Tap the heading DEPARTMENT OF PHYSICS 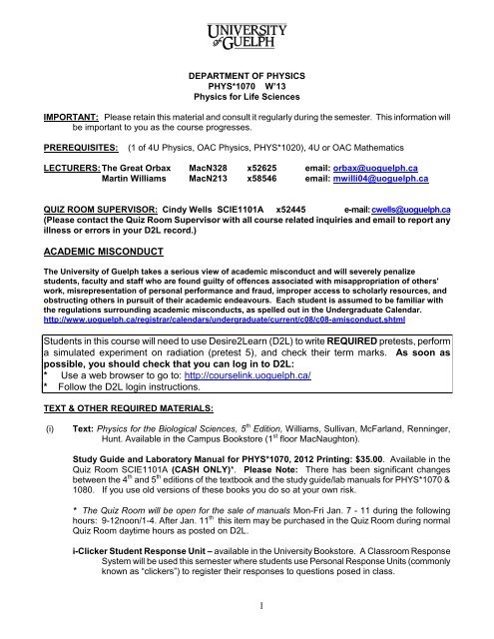(x=247, y=73)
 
